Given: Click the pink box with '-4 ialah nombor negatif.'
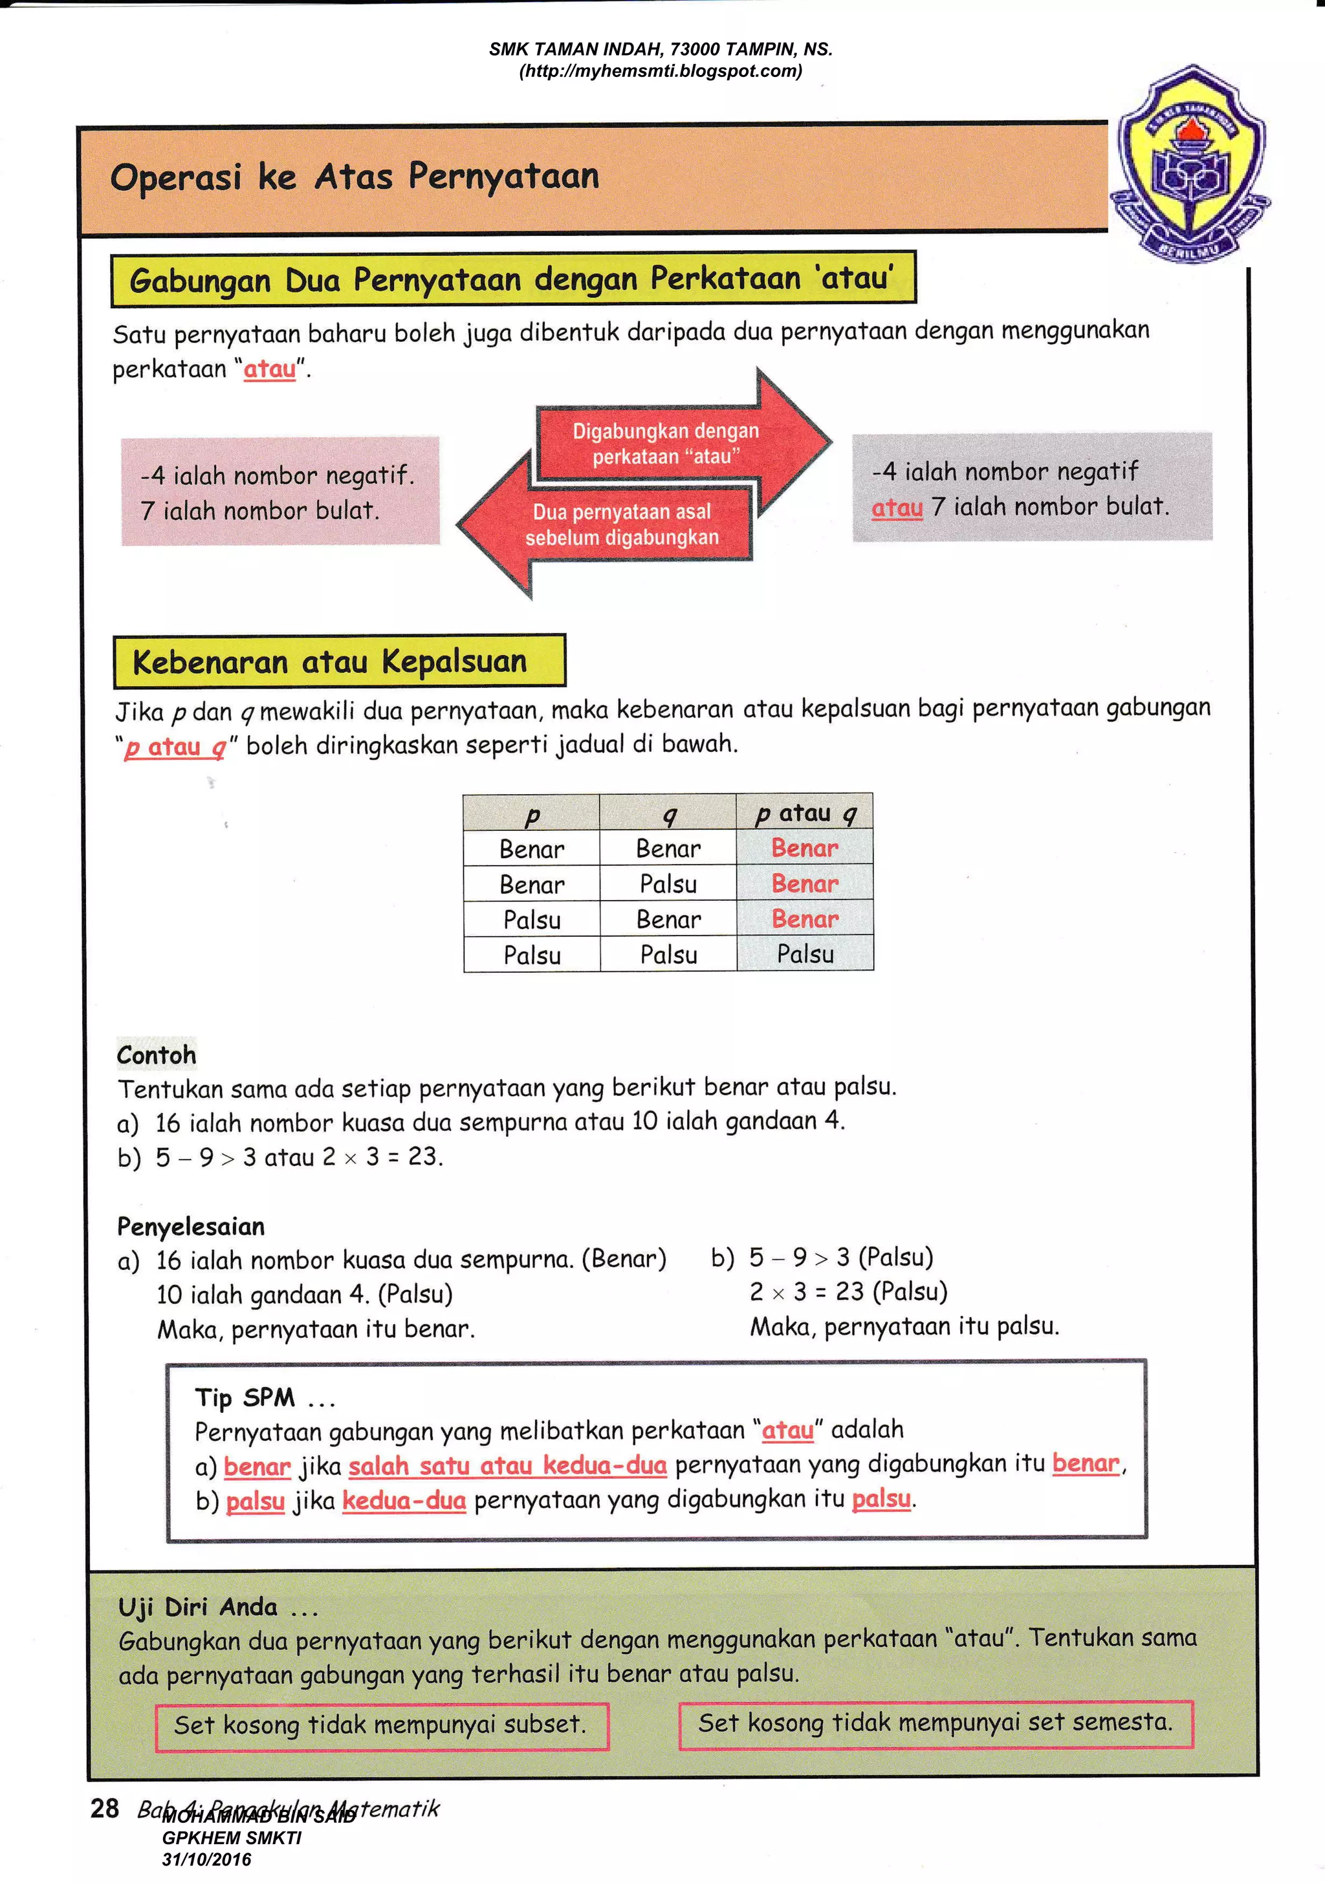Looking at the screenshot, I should (281, 492).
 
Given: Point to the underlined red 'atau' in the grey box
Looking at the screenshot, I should (897, 508).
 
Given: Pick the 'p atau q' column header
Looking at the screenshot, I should (805, 813).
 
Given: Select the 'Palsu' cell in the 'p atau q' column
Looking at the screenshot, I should (805, 954).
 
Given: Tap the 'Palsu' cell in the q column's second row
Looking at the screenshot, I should (669, 884).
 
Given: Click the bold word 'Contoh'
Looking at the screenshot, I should (157, 1055).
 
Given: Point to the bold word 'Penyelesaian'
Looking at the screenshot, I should (191, 1227).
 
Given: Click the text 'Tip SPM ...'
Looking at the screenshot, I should (264, 1397).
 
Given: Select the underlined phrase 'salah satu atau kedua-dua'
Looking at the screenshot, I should (507, 1465).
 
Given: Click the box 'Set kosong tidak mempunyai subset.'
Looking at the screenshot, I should (382, 1725).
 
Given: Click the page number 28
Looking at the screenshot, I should (105, 1809).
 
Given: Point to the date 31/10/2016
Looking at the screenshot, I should (207, 1860).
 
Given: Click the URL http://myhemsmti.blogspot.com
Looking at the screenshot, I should (661, 71).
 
